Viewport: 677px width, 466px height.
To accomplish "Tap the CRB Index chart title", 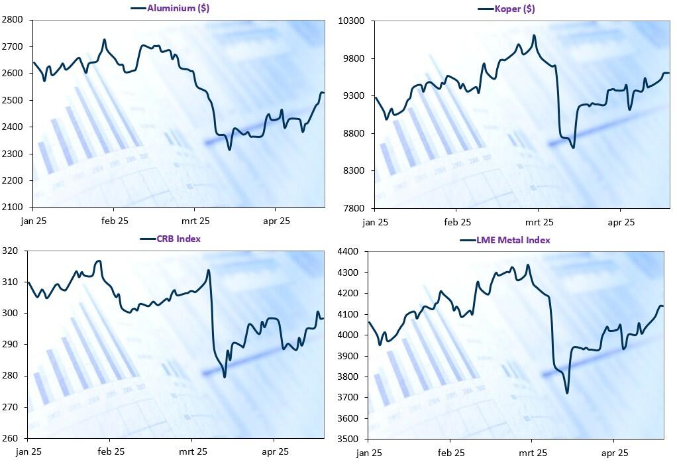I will tap(180, 239).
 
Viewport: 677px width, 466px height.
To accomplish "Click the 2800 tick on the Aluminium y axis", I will tap(13, 20).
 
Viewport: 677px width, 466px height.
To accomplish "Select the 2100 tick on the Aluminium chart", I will tap(13, 207).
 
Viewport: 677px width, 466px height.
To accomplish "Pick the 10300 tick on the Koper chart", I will tap(352, 21).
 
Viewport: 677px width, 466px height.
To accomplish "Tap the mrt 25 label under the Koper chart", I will tap(539, 222).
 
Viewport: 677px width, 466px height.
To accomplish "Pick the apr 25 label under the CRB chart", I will tap(275, 452).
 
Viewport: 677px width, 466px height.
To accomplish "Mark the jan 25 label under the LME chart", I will tap(368, 453).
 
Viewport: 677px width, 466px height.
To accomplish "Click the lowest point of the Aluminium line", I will tap(229, 149).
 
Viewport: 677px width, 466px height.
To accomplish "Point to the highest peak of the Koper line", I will tap(534, 35).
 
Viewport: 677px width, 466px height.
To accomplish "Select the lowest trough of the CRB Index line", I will tap(225, 377).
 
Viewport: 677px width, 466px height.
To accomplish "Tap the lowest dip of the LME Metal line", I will tap(567, 393).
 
